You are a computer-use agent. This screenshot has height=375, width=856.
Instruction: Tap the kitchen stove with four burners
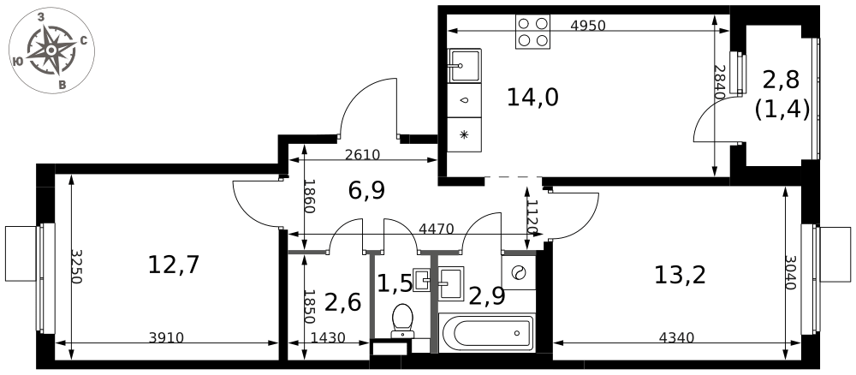532,32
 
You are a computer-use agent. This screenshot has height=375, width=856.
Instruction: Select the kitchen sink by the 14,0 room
464,64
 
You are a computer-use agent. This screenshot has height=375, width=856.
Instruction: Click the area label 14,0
532,98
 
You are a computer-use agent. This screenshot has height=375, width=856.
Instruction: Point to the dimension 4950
587,26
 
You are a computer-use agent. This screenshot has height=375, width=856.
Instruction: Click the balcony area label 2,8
781,80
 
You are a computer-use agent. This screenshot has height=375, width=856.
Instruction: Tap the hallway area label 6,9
366,190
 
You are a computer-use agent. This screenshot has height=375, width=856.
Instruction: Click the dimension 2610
362,155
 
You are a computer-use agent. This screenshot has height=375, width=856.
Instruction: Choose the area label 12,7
174,265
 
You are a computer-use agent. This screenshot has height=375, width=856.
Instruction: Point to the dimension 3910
166,338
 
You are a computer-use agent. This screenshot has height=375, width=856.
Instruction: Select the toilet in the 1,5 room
401,319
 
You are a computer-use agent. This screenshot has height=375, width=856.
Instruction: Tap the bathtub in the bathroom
485,333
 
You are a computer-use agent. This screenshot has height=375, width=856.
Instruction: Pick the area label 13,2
680,275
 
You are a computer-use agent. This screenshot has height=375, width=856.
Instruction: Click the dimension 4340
677,338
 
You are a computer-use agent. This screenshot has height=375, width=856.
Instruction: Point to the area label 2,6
342,301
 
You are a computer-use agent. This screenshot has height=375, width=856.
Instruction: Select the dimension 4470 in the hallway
436,229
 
